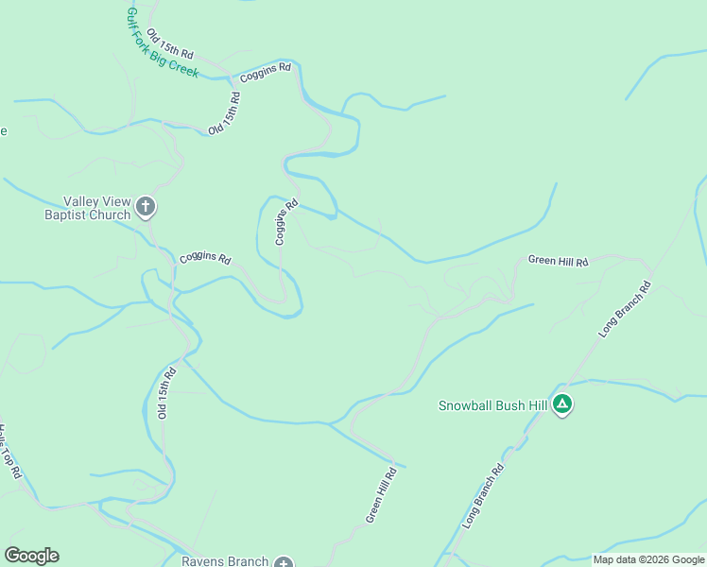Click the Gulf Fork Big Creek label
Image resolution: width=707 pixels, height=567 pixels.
tap(162, 43)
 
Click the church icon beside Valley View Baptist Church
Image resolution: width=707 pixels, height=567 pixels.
tap(145, 206)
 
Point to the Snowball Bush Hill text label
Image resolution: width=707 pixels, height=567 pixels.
tap(492, 405)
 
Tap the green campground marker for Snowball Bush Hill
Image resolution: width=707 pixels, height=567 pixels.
tap(562, 405)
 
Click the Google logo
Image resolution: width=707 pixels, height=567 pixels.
tap(31, 556)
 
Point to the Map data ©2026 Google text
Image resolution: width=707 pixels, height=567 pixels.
tap(648, 559)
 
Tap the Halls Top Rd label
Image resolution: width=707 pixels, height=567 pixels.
tap(9, 453)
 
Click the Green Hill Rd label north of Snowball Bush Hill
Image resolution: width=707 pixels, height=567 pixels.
tap(558, 260)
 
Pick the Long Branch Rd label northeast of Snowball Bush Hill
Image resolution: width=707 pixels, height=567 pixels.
tap(626, 309)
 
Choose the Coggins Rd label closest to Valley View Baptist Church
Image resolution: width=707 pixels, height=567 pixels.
tap(205, 257)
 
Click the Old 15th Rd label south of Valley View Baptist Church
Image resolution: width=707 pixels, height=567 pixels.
tap(167, 392)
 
